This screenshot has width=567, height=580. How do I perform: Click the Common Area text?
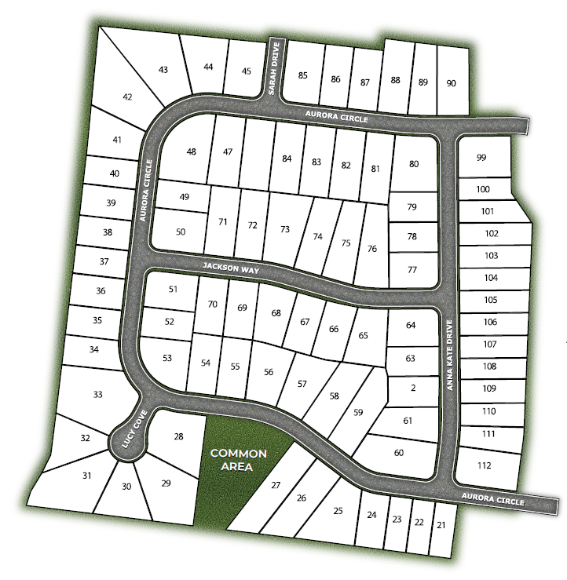(x=239, y=460)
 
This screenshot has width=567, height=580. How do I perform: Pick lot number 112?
(x=485, y=465)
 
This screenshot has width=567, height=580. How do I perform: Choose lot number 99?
(x=481, y=158)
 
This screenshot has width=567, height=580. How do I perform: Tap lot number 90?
(x=451, y=83)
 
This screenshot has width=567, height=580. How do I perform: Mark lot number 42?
(x=128, y=97)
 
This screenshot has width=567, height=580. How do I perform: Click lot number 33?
(x=97, y=394)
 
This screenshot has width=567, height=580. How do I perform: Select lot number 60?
(x=398, y=452)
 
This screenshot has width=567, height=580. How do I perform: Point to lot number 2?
(x=412, y=388)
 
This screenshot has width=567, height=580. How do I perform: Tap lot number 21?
(x=441, y=524)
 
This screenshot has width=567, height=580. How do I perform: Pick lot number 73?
(x=285, y=229)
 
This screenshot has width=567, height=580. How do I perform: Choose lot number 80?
(x=414, y=163)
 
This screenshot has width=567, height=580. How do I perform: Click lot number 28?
(x=178, y=436)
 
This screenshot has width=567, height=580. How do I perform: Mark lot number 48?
(x=191, y=151)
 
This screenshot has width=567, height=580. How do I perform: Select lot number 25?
(x=338, y=511)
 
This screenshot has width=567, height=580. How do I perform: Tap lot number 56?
(x=269, y=372)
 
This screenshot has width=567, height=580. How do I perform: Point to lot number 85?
(x=302, y=76)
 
